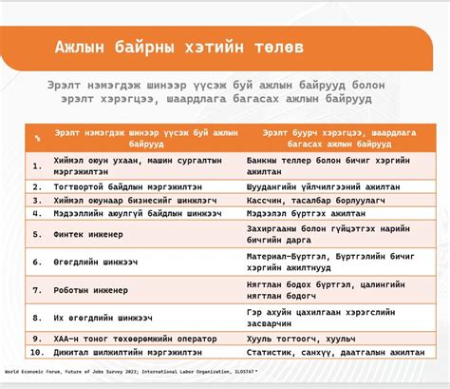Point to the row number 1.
point(37,165)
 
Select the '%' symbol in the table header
point(37,139)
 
